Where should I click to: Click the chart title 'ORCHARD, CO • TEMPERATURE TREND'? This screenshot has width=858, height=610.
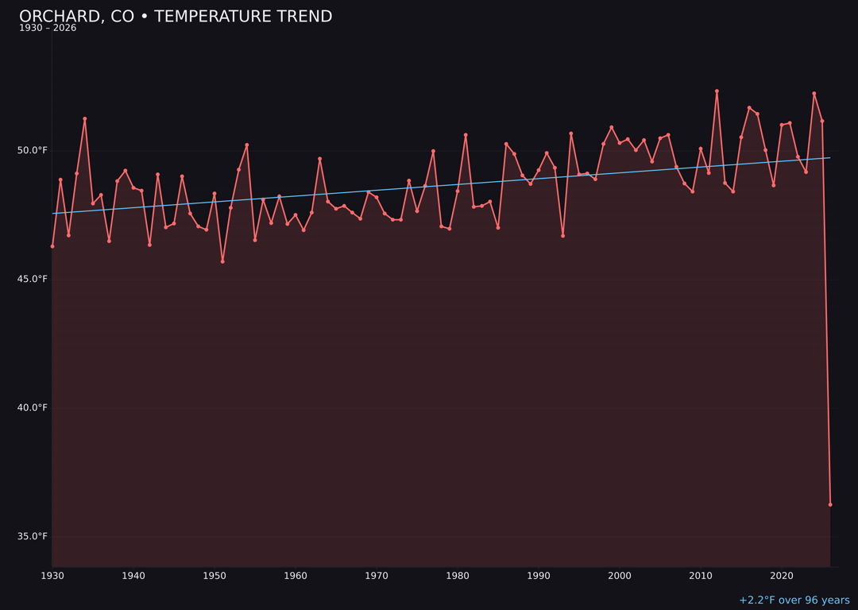(x=176, y=17)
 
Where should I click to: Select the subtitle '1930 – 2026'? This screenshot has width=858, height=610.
(x=48, y=29)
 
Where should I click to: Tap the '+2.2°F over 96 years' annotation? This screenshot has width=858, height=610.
(x=794, y=600)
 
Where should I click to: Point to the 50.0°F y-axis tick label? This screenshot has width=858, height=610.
(x=33, y=150)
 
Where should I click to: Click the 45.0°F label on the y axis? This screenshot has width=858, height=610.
(x=33, y=279)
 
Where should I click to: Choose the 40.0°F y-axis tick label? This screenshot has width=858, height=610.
(x=33, y=407)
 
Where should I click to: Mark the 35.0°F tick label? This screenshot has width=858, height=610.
(x=33, y=536)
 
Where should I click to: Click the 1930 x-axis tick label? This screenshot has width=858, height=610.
(x=52, y=576)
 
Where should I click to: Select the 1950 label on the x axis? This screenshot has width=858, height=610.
(x=214, y=576)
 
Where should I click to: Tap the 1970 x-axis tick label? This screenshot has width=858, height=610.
(x=377, y=576)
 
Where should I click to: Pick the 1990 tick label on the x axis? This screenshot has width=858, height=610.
(x=539, y=576)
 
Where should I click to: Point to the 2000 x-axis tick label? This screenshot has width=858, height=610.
(x=620, y=576)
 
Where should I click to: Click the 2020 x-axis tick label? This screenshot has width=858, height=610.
(x=782, y=576)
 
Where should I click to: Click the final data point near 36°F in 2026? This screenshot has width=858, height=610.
(x=830, y=504)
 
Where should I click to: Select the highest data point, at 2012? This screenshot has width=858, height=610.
(x=717, y=91)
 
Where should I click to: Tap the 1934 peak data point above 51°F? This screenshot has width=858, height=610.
(x=85, y=119)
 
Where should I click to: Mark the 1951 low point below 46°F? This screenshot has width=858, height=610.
(x=222, y=261)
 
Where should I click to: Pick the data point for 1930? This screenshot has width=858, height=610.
(x=52, y=246)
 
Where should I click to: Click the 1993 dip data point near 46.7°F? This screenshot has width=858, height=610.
(x=563, y=236)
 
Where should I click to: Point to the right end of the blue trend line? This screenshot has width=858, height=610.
(x=830, y=157)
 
